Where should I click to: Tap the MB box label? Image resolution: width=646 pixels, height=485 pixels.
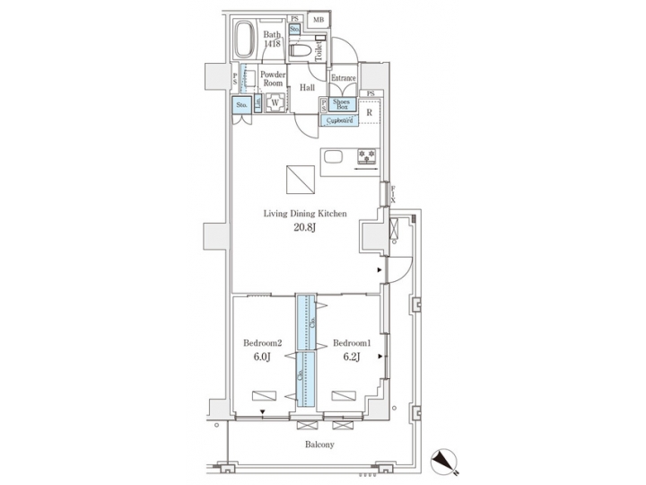[x=319, y=19]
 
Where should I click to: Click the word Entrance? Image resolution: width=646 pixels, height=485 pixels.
[x=344, y=78]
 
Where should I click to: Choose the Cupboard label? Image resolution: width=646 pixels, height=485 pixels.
[x=338, y=119]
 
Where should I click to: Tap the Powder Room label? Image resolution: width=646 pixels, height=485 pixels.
[x=274, y=78]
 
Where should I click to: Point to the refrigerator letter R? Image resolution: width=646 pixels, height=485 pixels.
[x=369, y=112]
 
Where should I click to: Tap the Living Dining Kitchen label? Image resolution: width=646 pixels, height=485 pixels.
[x=305, y=213]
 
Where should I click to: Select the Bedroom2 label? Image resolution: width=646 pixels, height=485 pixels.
[x=263, y=343]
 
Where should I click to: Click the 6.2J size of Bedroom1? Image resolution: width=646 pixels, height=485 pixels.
[x=352, y=357]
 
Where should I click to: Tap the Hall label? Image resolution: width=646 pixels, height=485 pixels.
[x=307, y=87]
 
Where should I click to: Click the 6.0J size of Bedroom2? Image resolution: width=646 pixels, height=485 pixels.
[x=263, y=357]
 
